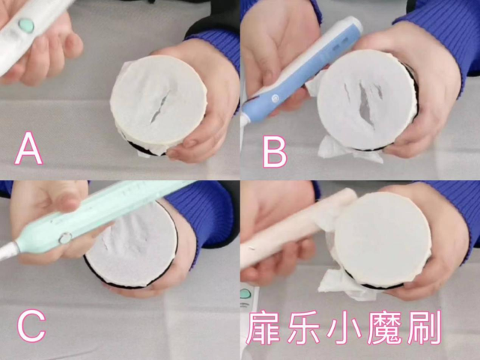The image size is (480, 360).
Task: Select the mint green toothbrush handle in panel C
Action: [97, 217]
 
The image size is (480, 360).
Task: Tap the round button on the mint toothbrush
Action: [65, 237]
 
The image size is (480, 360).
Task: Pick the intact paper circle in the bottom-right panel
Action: [383, 239]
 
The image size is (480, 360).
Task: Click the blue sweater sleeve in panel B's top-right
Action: [449, 30]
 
